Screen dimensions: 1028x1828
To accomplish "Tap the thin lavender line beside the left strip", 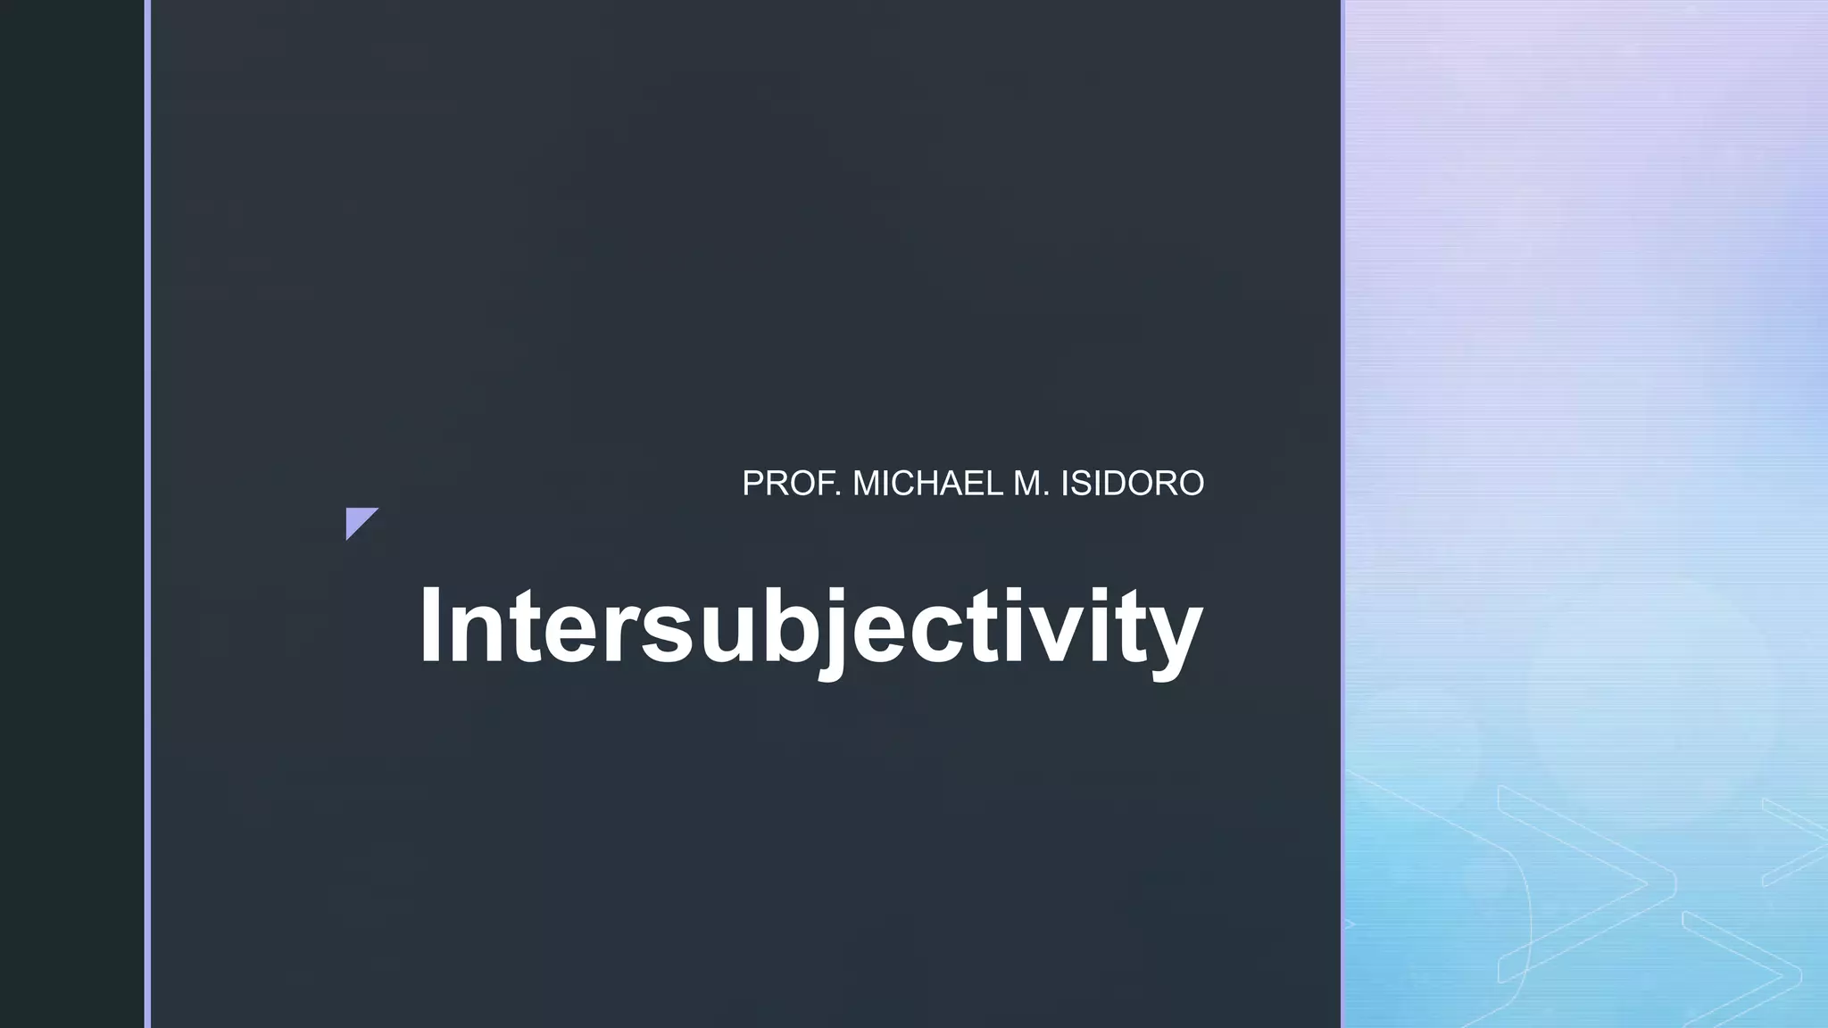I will pyautogui.click(x=147, y=514).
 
